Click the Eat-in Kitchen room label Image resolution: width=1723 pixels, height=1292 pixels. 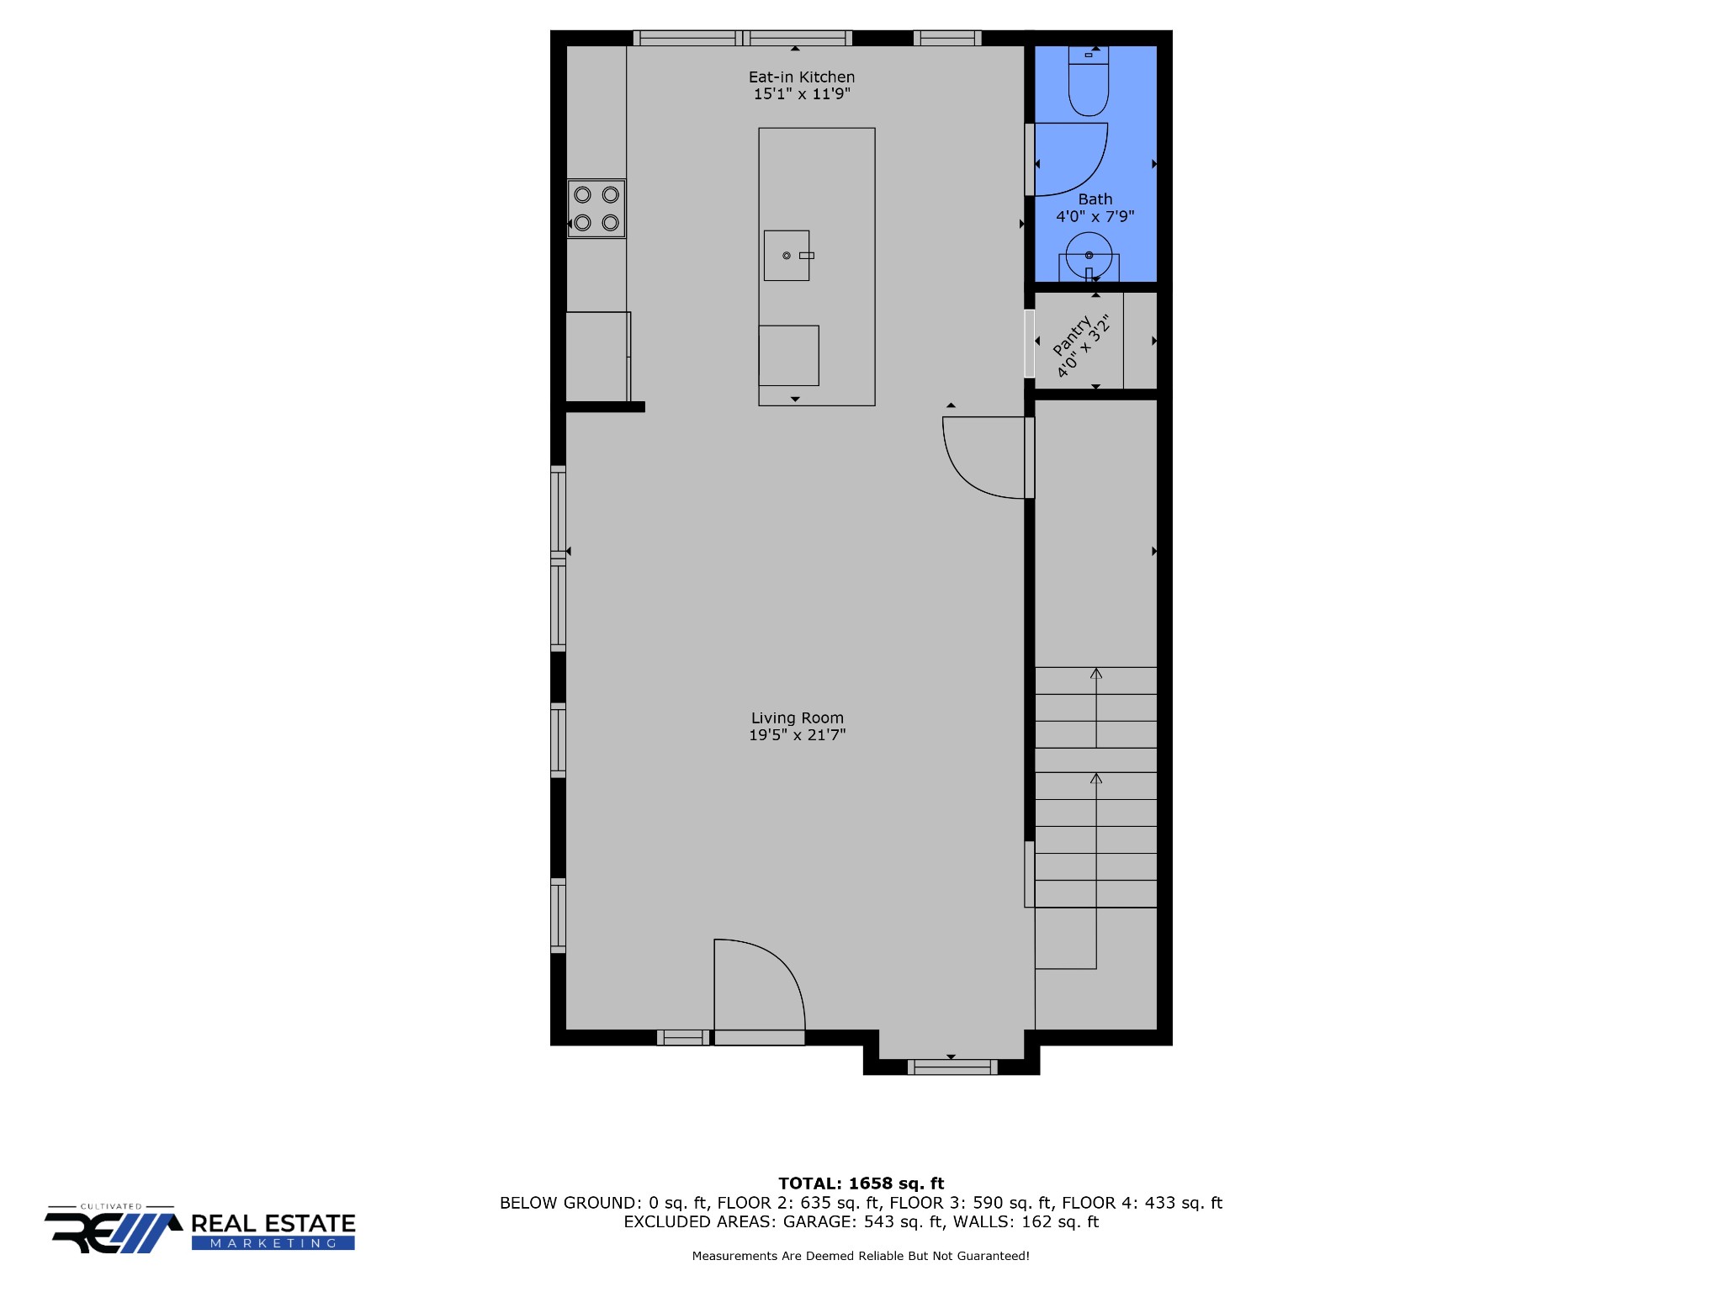click(802, 77)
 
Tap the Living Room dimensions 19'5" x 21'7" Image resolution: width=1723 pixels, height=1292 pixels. click(798, 734)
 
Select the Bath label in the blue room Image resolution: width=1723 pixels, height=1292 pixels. click(1095, 199)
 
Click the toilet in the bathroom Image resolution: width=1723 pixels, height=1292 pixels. click(1089, 81)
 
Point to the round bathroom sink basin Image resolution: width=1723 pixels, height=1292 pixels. click(1089, 255)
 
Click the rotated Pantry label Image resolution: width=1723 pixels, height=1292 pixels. click(1072, 334)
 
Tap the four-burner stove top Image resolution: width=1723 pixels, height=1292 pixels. click(596, 209)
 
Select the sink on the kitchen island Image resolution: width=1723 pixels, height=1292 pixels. click(787, 255)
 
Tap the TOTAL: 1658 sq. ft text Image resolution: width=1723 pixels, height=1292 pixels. click(861, 1183)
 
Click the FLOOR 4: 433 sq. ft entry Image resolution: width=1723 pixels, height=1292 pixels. click(1142, 1203)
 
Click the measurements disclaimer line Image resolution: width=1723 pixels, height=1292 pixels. click(861, 1256)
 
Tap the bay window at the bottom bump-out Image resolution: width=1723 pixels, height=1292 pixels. click(952, 1067)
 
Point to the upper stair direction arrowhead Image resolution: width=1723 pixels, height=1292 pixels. click(1096, 673)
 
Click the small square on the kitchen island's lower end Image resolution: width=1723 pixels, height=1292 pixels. click(788, 356)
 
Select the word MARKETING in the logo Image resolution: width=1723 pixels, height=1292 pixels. click(273, 1243)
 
